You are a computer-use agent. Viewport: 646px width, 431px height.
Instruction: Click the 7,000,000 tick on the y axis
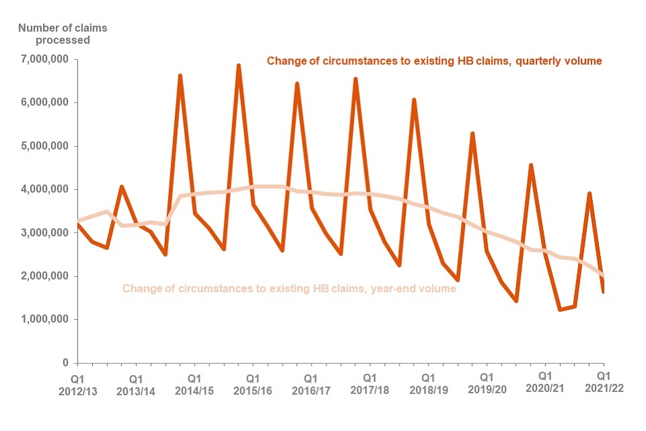[42, 60]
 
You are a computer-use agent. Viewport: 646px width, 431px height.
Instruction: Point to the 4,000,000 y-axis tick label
[42, 190]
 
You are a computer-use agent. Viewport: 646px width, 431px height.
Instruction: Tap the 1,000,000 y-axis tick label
[42, 320]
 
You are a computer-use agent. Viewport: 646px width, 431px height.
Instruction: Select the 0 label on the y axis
[66, 363]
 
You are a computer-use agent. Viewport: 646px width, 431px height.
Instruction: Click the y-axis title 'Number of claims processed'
[54, 34]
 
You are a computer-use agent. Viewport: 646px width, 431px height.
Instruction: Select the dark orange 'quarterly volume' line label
[434, 61]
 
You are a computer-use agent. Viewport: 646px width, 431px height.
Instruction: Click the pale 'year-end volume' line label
[289, 289]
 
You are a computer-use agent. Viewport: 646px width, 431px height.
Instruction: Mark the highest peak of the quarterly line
[238, 65]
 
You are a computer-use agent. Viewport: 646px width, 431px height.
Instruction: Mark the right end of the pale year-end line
[604, 277]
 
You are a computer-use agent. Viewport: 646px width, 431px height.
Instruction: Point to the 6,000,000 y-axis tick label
[42, 103]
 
